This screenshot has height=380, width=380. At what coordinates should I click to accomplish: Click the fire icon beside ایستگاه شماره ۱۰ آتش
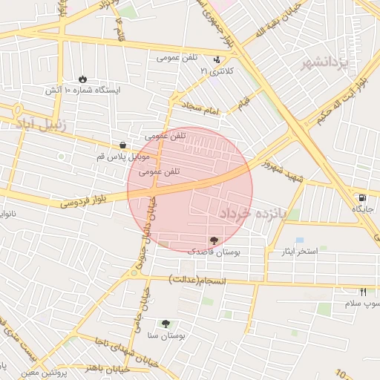(82, 78)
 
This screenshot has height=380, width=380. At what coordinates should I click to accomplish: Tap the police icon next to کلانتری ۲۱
(217, 60)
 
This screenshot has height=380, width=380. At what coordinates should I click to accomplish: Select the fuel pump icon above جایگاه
(361, 197)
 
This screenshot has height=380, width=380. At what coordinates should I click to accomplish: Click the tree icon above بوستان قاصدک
(214, 240)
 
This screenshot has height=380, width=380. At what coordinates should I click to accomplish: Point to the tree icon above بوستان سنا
(166, 324)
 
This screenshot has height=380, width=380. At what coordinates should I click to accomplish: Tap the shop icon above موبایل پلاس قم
(122, 145)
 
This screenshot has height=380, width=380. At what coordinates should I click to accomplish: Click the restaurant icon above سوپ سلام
(363, 292)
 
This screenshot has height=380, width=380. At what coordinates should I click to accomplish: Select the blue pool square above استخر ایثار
(299, 240)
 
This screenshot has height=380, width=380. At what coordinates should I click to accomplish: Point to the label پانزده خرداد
(252, 214)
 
